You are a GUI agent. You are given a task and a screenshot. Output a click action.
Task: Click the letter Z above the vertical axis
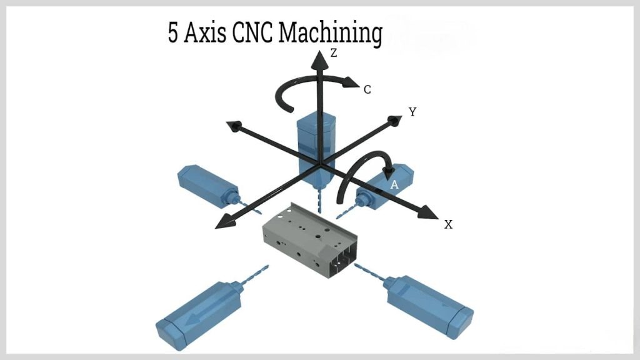click(x=334, y=54)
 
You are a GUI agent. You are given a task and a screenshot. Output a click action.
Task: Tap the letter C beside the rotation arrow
click(x=367, y=90)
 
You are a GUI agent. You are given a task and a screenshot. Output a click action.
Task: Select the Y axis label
click(x=412, y=112)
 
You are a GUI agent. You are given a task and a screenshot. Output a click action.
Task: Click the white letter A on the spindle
click(x=394, y=185)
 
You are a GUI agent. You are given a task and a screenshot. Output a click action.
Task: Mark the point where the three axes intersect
click(x=320, y=166)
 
